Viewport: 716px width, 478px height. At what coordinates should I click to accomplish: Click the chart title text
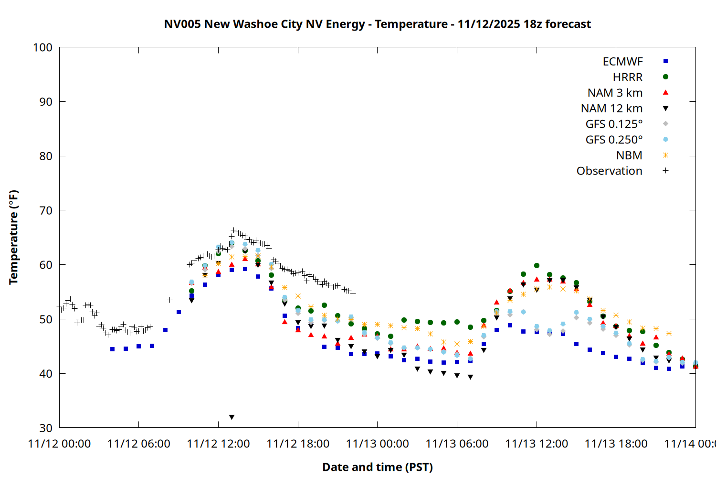(x=377, y=24)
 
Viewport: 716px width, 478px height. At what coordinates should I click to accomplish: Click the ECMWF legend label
(x=622, y=62)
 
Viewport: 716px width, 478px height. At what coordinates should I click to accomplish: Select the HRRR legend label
(x=627, y=77)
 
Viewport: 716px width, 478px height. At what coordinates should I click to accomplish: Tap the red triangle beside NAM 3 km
(x=665, y=92)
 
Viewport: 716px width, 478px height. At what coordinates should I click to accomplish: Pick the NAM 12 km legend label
(x=611, y=109)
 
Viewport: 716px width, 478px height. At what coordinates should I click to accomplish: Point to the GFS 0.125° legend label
(x=614, y=124)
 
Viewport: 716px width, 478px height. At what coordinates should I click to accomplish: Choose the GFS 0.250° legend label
(x=614, y=140)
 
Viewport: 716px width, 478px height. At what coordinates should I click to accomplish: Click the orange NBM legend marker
(x=665, y=155)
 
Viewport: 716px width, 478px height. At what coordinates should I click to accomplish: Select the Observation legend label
(x=609, y=171)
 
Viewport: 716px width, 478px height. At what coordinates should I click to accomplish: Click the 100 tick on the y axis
(x=42, y=47)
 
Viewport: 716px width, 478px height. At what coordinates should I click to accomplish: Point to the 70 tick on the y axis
(x=46, y=210)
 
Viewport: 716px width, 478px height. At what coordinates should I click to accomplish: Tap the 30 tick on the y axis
(x=46, y=428)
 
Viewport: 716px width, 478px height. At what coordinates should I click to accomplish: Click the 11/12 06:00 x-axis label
(x=138, y=444)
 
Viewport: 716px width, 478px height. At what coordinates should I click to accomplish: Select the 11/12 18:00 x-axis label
(x=298, y=444)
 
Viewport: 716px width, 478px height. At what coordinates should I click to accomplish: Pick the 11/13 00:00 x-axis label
(x=377, y=444)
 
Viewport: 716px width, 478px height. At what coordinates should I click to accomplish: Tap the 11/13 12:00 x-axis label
(x=537, y=444)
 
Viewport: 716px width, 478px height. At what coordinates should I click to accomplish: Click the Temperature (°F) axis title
(x=13, y=237)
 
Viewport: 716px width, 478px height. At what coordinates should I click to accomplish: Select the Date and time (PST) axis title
(x=377, y=467)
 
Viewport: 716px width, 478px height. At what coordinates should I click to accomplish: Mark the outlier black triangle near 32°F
(x=232, y=417)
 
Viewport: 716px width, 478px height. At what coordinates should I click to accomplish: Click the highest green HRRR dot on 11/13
(x=537, y=265)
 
